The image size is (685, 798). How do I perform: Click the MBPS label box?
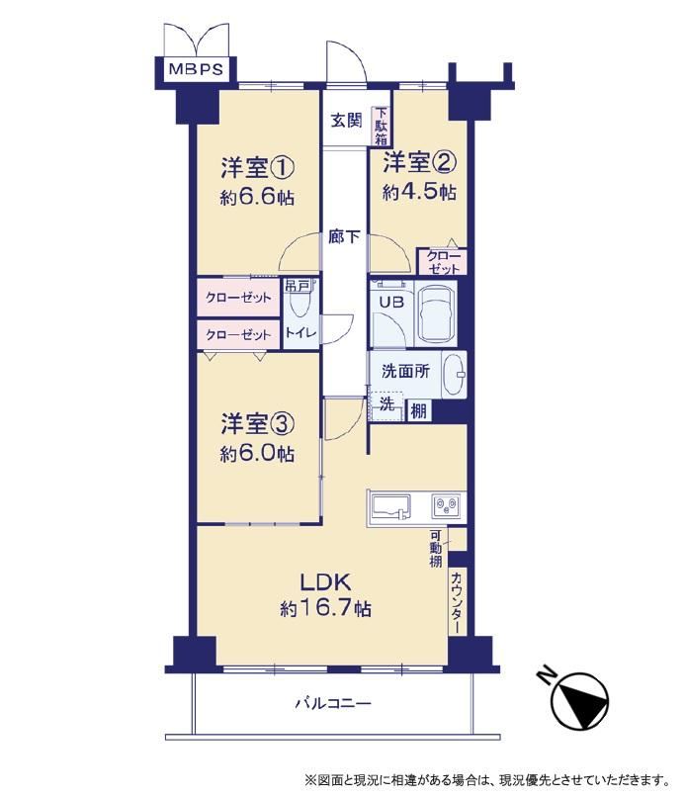click(196, 68)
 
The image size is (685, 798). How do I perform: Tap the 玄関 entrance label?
click(346, 121)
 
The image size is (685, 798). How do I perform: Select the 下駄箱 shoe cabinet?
click(382, 126)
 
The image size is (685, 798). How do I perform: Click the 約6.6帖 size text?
click(257, 198)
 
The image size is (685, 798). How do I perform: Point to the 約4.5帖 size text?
click(419, 192)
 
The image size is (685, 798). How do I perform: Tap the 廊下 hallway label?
click(345, 236)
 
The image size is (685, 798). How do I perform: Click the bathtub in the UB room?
click(436, 313)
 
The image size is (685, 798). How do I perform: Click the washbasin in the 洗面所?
click(454, 375)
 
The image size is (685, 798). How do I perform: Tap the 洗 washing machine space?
click(386, 405)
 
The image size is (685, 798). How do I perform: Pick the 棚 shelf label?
click(418, 410)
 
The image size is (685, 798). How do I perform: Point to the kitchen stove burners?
click(447, 506)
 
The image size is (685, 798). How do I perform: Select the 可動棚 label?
click(436, 549)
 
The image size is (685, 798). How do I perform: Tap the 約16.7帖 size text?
click(326, 608)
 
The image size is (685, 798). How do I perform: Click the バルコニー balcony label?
click(334, 704)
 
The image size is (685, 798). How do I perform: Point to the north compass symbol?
click(579, 702)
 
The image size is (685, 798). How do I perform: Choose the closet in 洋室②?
click(442, 262)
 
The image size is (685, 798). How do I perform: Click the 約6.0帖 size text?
click(257, 453)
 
